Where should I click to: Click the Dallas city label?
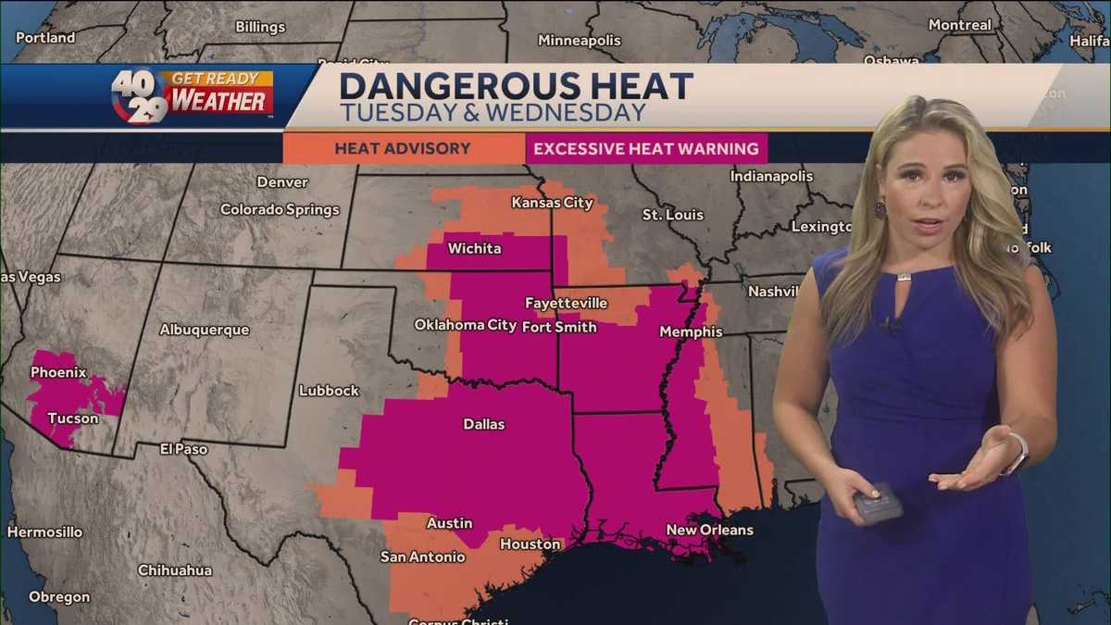point(483,424)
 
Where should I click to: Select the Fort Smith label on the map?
point(559,327)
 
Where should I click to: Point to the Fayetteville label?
point(566,303)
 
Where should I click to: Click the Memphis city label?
point(691,331)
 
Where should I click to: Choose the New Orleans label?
point(709,531)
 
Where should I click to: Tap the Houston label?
point(531,544)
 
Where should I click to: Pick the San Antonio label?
point(422,557)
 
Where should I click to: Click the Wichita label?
point(474,248)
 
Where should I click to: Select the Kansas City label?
point(552,202)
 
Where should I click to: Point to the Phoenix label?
point(58,373)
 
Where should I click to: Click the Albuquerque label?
point(205,330)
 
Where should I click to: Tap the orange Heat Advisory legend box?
point(403,148)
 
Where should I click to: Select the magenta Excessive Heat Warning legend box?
point(646,148)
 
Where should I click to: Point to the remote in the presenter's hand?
point(877,503)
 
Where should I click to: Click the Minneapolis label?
point(580,41)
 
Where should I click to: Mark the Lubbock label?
point(329,391)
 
